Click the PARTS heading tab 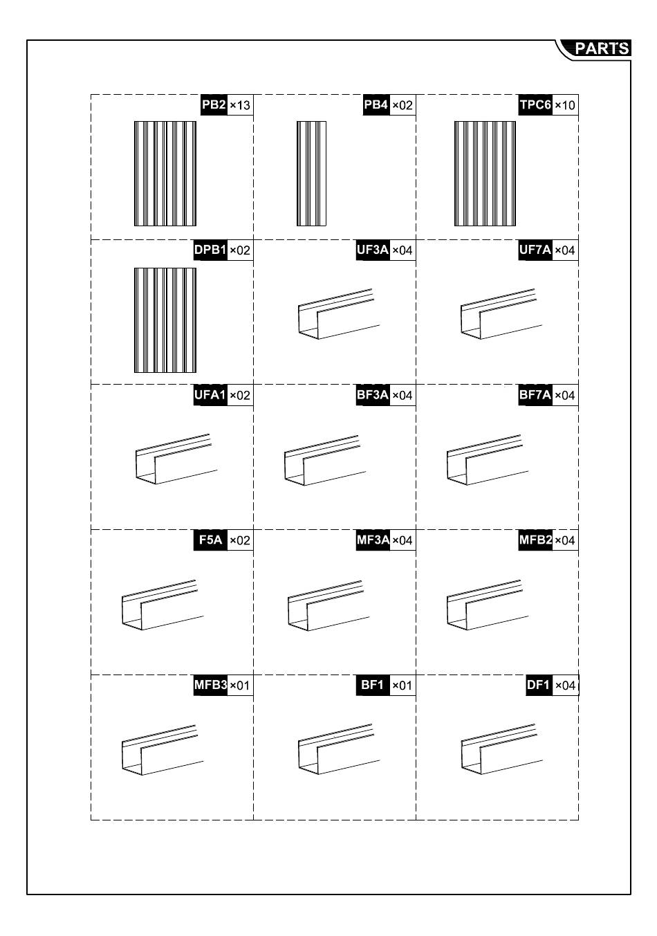[601, 48]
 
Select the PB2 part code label [214, 105]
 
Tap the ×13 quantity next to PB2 [240, 105]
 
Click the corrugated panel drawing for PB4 [311, 174]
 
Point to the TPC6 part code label [535, 105]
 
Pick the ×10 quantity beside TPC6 [565, 105]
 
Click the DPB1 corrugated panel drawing [165, 320]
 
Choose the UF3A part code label [373, 250]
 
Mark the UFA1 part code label [210, 396]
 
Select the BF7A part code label [535, 396]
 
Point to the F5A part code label [210, 540]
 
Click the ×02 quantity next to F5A [240, 540]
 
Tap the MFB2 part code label [535, 540]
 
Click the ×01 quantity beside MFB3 [240, 686]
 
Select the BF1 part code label [373, 686]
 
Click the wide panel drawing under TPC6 [485, 174]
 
